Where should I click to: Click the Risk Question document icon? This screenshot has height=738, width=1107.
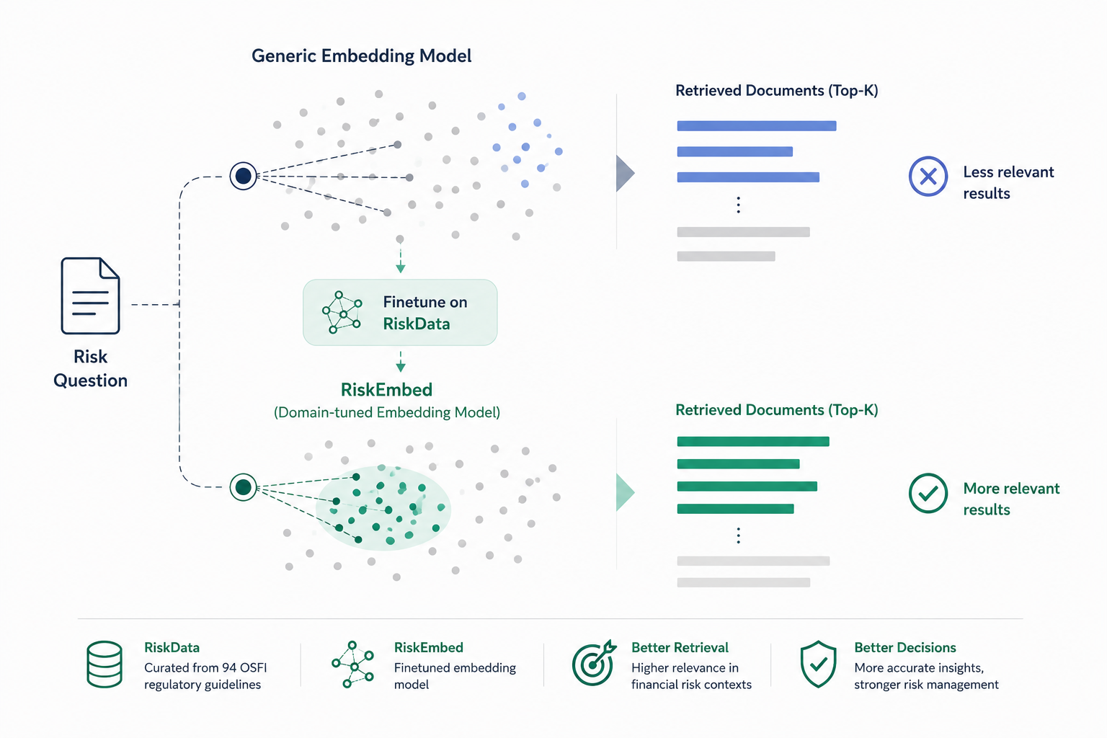90,295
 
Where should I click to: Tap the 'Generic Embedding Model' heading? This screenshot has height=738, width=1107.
361,56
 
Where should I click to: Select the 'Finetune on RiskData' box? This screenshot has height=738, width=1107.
400,312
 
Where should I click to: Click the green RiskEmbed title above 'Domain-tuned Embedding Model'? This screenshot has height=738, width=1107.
386,389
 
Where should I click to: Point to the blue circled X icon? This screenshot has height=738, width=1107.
928,177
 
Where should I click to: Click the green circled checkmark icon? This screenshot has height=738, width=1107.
928,493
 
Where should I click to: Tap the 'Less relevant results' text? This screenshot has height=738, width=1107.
1008,182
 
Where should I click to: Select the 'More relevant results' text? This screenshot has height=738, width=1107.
1011,499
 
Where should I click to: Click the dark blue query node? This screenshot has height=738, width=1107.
243,176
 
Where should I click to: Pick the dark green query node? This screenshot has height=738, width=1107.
243,487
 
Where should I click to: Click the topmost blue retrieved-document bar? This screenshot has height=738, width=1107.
757,126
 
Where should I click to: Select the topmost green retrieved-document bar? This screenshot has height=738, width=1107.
753,441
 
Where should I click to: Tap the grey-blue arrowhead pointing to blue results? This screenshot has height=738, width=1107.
625,173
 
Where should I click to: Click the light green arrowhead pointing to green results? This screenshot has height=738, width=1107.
625,492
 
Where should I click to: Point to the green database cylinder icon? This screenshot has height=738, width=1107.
105,664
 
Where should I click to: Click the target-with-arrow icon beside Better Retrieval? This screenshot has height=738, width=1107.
594,663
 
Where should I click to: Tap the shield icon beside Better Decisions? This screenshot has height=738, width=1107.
819,664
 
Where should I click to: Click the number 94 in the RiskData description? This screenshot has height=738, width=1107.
228,668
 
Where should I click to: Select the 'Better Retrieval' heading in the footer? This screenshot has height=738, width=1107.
680,647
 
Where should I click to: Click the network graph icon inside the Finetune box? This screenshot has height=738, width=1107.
342,312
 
